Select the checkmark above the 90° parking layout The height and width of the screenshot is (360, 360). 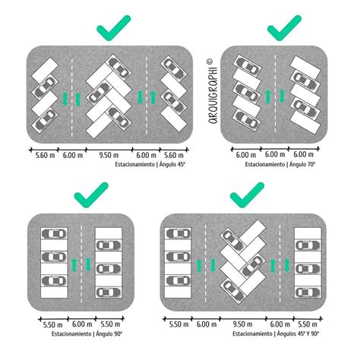[x=90, y=199]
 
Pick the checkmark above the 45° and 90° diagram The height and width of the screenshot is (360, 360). [x=246, y=198]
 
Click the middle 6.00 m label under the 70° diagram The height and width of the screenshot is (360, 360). [x=275, y=155]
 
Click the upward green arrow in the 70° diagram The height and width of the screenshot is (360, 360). [x=267, y=96]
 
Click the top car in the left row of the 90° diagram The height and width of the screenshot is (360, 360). [x=55, y=235]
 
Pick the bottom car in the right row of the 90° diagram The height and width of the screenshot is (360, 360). [x=106, y=290]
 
